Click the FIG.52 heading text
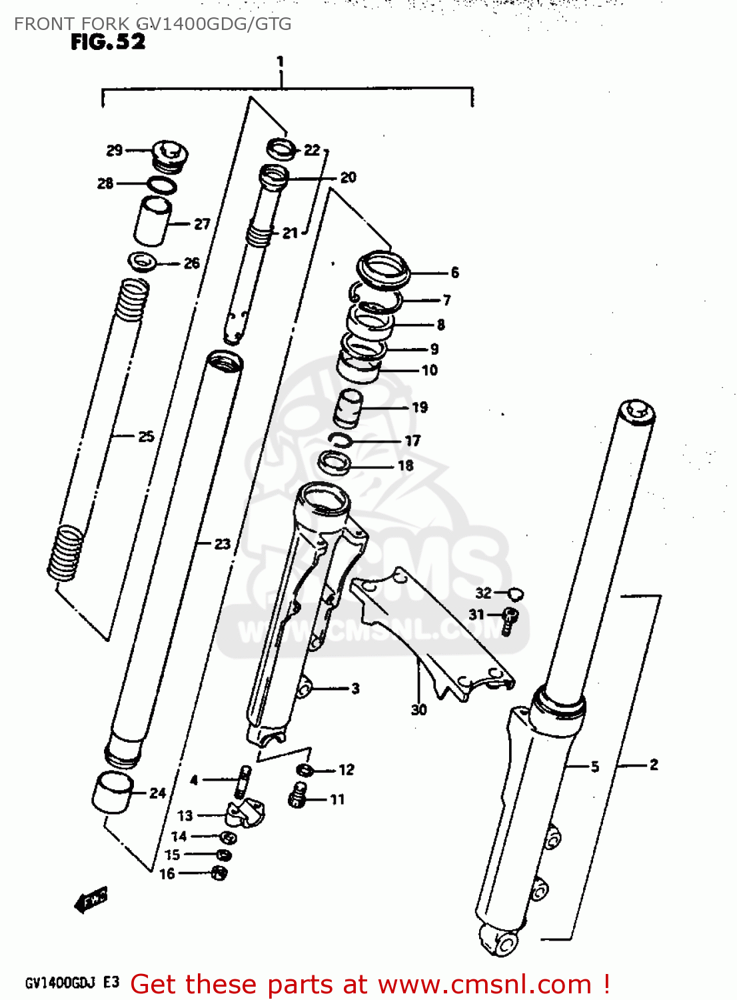coord(107,42)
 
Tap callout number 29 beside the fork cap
coord(115,151)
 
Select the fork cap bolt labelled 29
coord(168,156)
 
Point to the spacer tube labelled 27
coord(153,221)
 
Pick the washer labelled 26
coord(142,261)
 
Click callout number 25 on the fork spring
coord(146,437)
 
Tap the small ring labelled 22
coord(281,149)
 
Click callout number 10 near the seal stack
coord(430,370)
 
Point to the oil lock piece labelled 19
coord(348,409)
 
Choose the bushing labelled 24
coord(111,792)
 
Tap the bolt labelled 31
coord(510,619)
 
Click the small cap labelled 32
coord(516,593)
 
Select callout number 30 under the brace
coord(418,709)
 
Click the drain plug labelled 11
coord(298,795)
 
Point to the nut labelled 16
coord(219,872)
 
